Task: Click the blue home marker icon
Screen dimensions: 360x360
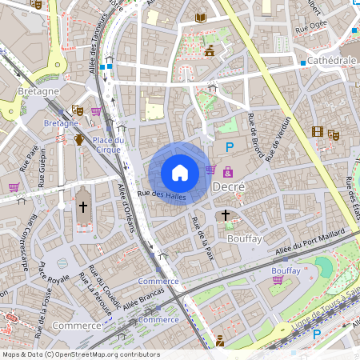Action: (x=180, y=173)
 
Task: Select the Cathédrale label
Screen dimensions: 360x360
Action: (x=331, y=60)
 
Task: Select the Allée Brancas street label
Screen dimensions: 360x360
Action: (x=143, y=302)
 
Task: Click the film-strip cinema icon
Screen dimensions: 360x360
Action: (x=318, y=133)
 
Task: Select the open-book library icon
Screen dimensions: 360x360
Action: (x=200, y=18)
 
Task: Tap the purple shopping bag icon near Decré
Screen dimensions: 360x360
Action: (x=229, y=170)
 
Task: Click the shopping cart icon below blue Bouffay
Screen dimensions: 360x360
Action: (x=278, y=280)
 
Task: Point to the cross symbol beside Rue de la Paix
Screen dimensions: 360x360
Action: (x=226, y=215)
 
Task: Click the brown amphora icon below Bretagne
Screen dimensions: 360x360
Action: (x=78, y=140)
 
